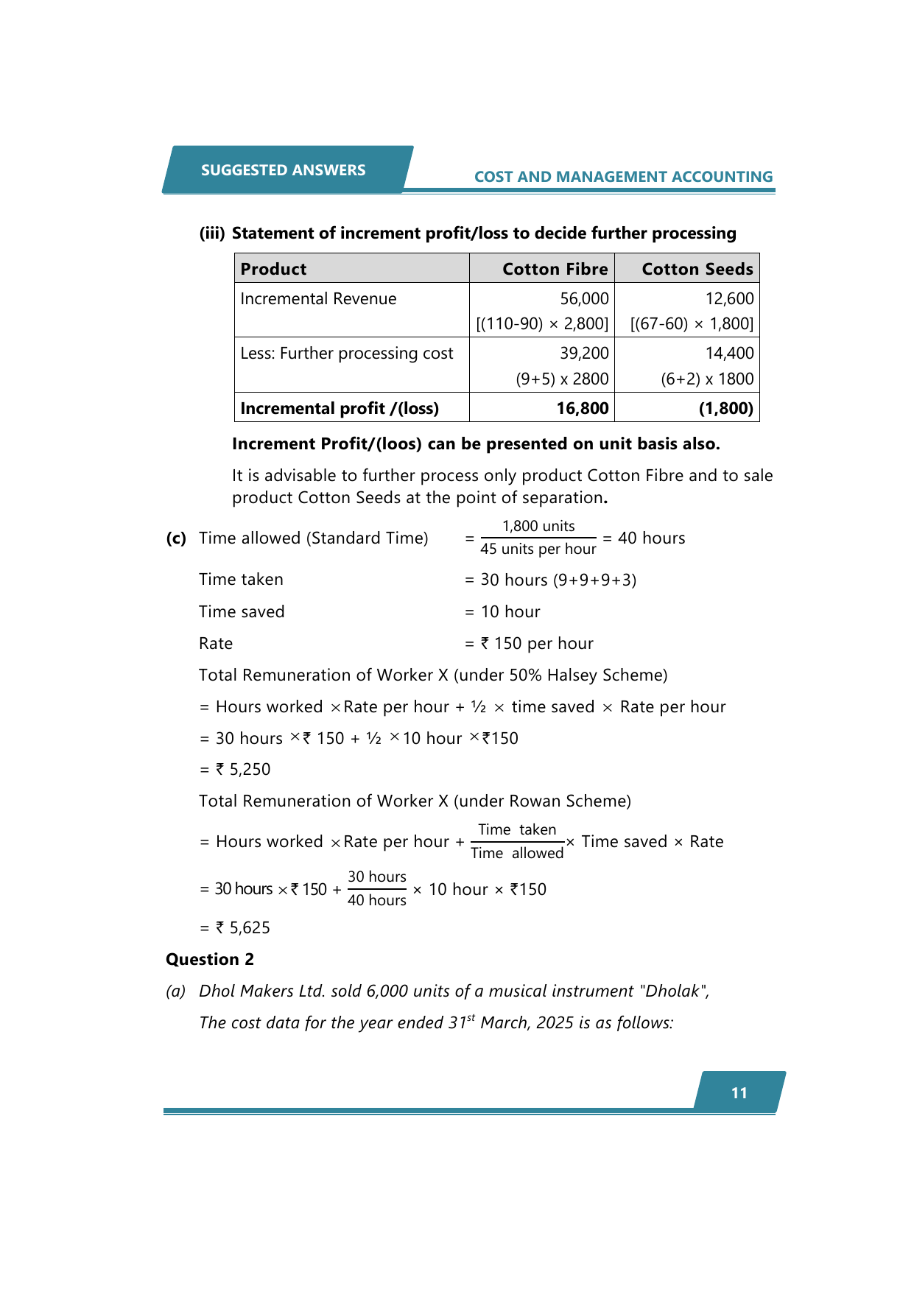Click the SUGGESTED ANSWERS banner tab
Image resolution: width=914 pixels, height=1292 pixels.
click(284, 170)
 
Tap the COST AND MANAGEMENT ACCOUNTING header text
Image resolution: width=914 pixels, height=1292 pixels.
click(623, 177)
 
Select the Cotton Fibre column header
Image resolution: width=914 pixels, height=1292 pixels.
click(555, 269)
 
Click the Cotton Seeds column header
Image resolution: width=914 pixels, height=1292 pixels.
click(697, 269)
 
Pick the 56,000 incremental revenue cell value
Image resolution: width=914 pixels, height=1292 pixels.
click(584, 298)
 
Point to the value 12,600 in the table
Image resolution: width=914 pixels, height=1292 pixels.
click(729, 298)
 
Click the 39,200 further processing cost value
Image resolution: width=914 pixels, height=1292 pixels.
click(584, 354)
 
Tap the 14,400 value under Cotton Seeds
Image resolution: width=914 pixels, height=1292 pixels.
click(729, 354)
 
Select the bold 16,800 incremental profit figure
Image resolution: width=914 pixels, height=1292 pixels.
click(583, 408)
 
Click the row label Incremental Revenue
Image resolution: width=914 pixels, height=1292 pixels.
click(318, 298)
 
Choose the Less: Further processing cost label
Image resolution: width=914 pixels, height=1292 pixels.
click(346, 354)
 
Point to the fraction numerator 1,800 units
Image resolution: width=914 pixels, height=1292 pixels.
click(538, 526)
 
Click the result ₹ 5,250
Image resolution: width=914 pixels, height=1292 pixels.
click(243, 770)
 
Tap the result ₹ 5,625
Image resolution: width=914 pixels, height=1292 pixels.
click(243, 927)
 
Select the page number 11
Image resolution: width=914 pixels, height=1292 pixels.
click(739, 1093)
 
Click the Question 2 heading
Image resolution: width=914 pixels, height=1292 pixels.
click(210, 959)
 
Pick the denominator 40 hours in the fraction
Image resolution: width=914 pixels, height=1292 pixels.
click(377, 900)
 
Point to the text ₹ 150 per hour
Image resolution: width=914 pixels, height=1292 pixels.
click(537, 644)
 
